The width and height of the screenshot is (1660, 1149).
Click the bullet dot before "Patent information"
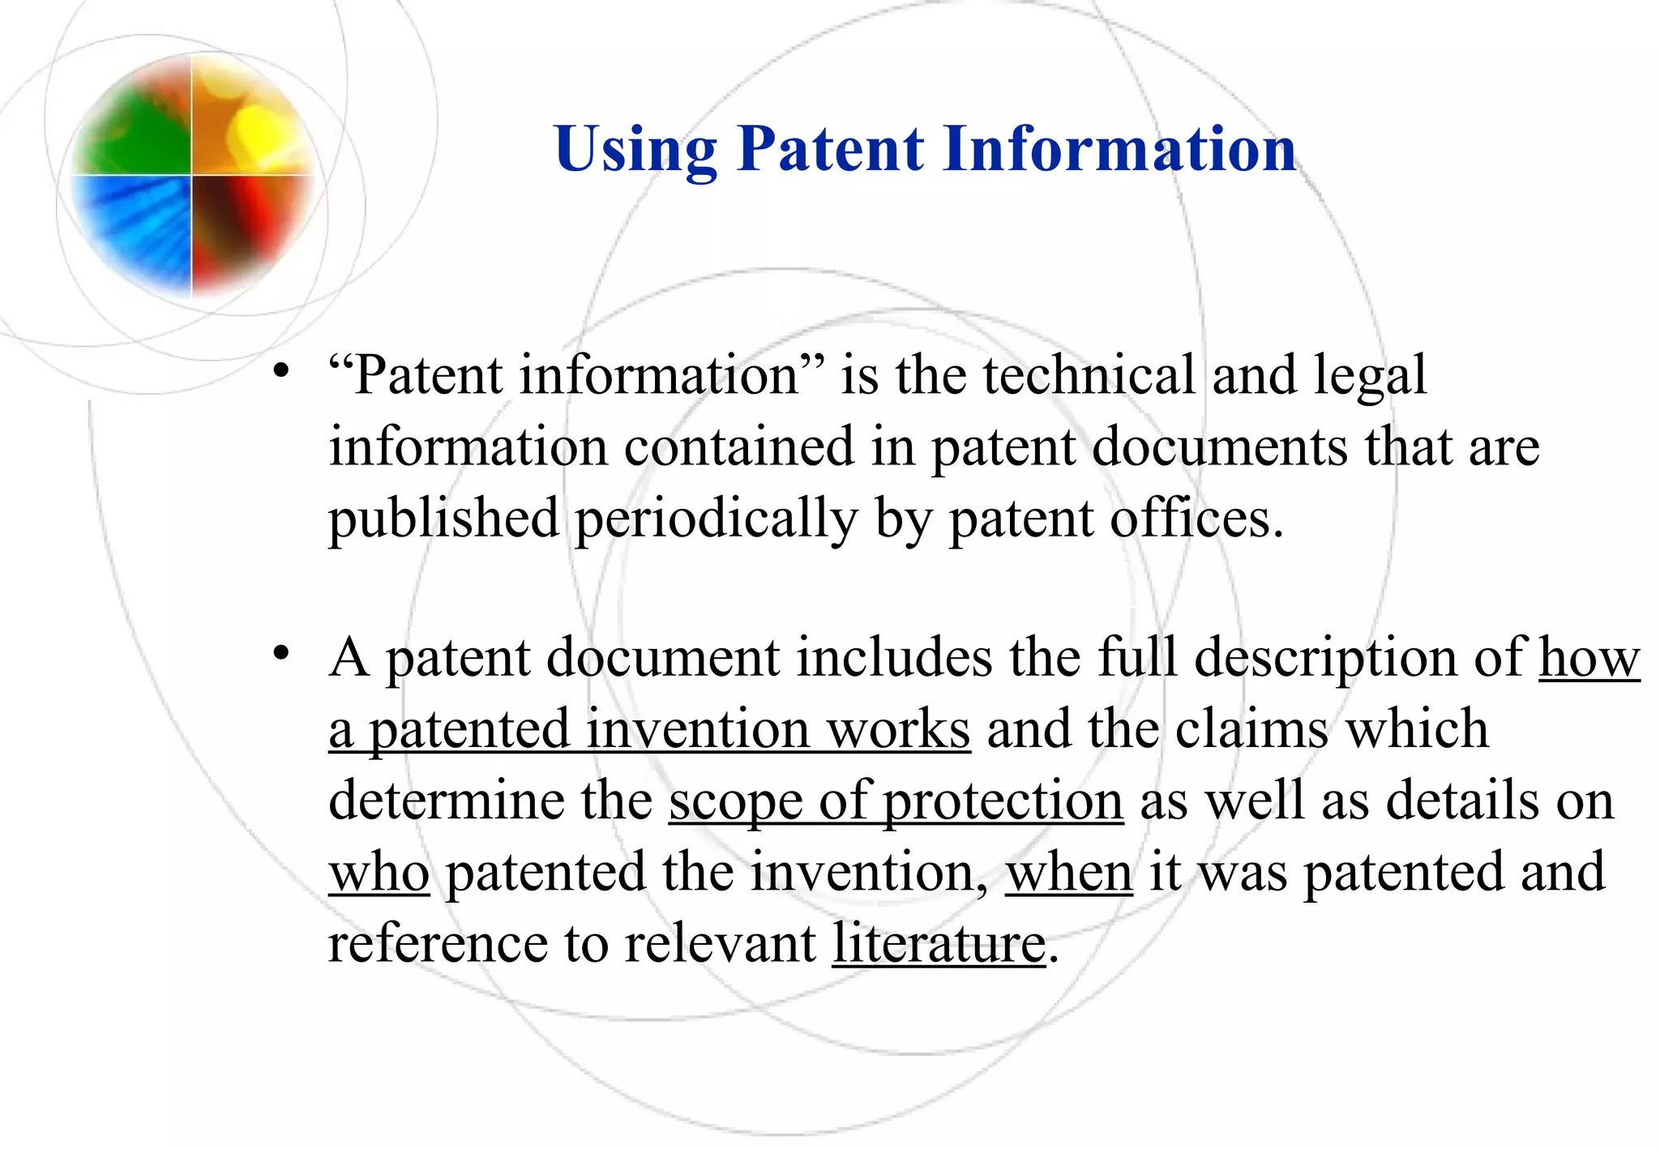pos(281,372)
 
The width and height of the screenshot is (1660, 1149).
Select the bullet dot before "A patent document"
pos(281,653)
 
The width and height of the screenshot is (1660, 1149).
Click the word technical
pos(1089,375)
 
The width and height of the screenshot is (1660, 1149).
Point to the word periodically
pos(717,519)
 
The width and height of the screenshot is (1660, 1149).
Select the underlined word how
pos(1589,658)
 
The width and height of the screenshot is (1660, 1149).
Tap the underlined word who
pos(379,873)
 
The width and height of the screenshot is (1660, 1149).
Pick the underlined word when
pos(1068,873)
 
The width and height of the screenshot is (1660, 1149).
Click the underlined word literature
pos(939,944)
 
